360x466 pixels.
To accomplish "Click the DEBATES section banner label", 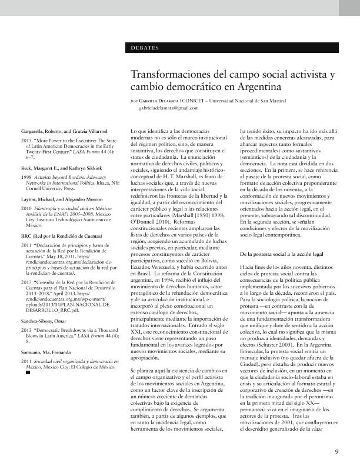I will tap(145, 48).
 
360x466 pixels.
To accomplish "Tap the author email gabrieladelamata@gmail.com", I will tap(169, 108).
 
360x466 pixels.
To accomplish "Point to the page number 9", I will tap(336, 452).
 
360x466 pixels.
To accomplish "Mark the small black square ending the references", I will tap(26, 372).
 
